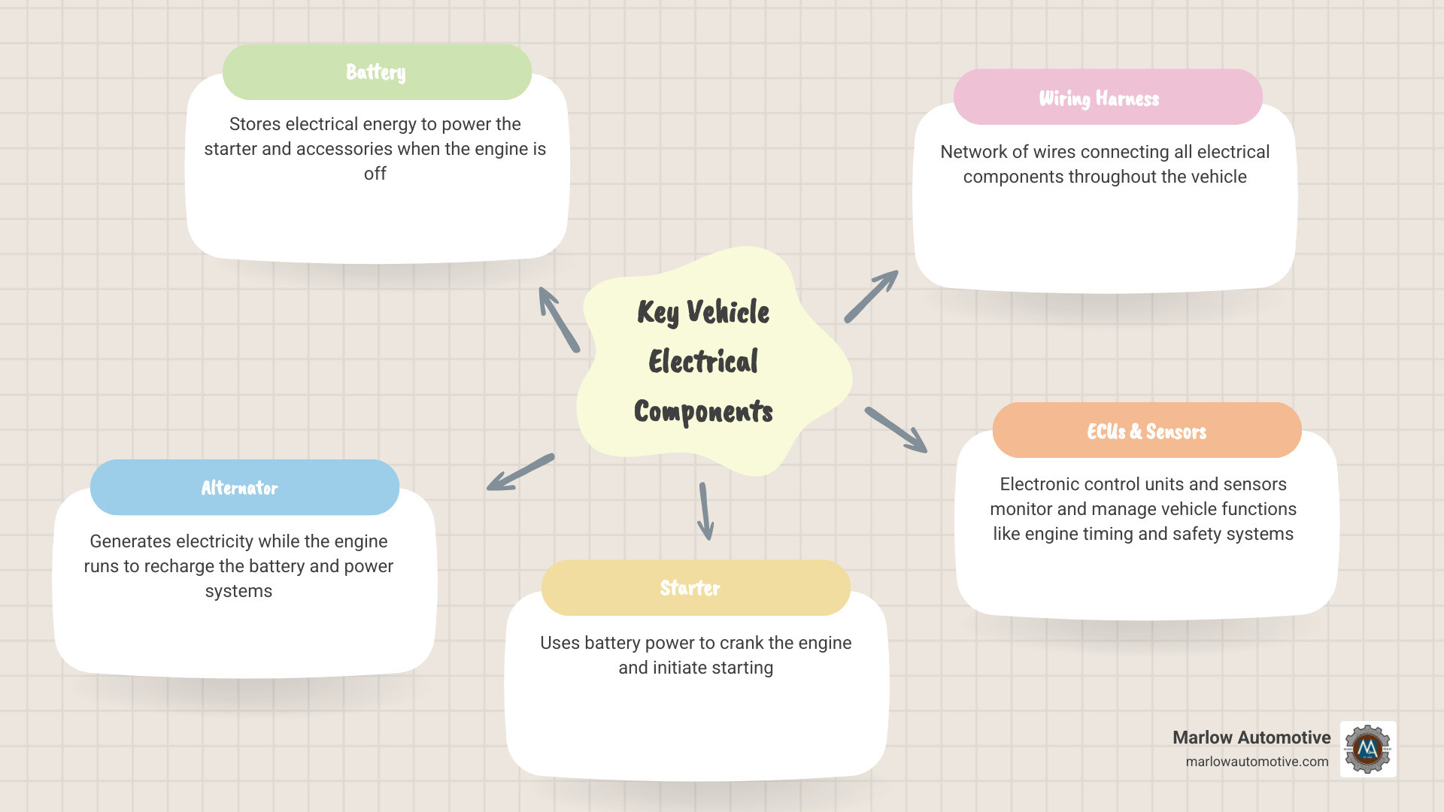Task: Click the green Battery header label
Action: coord(376,72)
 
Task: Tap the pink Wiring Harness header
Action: coord(1099,98)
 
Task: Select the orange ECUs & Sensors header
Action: coord(1146,431)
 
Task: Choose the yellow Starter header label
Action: coord(690,588)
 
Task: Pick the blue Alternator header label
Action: coord(240,488)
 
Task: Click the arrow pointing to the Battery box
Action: coord(558,319)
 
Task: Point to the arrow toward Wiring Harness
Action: coord(871,296)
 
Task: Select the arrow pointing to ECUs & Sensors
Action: coord(896,430)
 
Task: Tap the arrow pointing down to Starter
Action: coord(705,511)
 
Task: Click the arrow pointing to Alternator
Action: coord(520,472)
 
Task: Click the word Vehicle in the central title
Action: coord(728,312)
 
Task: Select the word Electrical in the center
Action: coord(703,362)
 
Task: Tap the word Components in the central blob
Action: coord(703,411)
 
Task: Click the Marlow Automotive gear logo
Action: coord(1368,749)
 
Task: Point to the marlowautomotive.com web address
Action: coord(1257,762)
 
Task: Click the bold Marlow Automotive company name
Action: coord(1251,738)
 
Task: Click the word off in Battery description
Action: coord(375,174)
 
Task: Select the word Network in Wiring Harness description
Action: coord(973,152)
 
